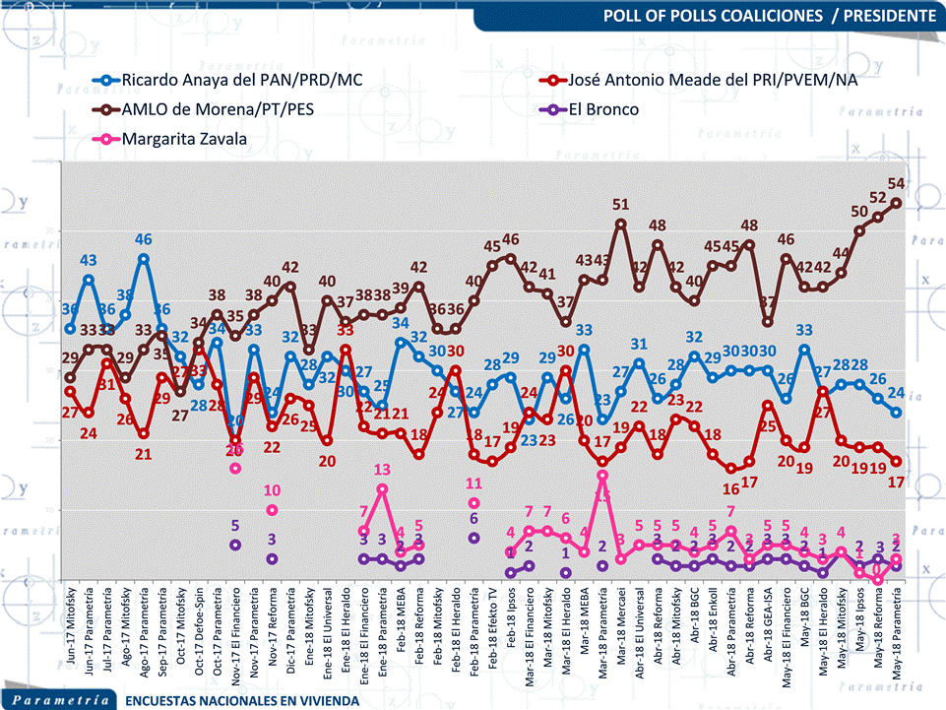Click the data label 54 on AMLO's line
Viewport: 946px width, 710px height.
pos(897,183)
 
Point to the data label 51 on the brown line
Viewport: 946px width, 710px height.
pos(621,205)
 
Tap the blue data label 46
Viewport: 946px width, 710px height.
pos(144,239)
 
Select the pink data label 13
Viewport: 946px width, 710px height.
pos(382,470)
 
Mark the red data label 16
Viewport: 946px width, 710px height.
pos(730,489)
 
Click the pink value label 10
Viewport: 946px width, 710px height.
pos(273,490)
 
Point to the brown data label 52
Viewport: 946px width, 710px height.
pos(878,197)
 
